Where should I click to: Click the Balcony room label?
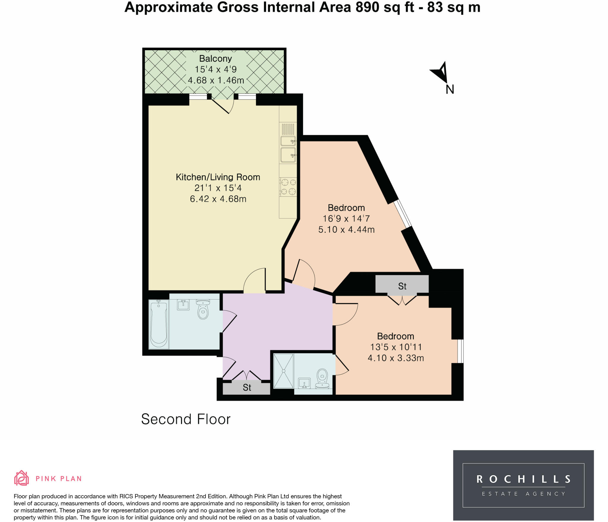[x=215, y=59]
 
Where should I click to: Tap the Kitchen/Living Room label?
[x=218, y=177]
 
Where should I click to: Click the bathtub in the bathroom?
[x=159, y=324]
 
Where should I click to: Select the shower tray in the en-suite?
[x=284, y=371]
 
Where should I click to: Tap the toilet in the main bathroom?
[x=203, y=309]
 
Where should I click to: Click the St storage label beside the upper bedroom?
[x=402, y=286]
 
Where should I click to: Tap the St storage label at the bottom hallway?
[x=247, y=387]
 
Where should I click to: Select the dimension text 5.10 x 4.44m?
[x=346, y=230]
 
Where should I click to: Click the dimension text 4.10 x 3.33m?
[x=396, y=358]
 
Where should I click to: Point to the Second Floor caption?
[x=186, y=419]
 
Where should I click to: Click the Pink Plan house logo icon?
[x=21, y=478]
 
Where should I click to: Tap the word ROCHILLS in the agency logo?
[x=523, y=479]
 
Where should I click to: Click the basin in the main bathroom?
[x=183, y=305]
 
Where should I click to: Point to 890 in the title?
[x=368, y=7]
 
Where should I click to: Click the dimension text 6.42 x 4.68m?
[x=218, y=199]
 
